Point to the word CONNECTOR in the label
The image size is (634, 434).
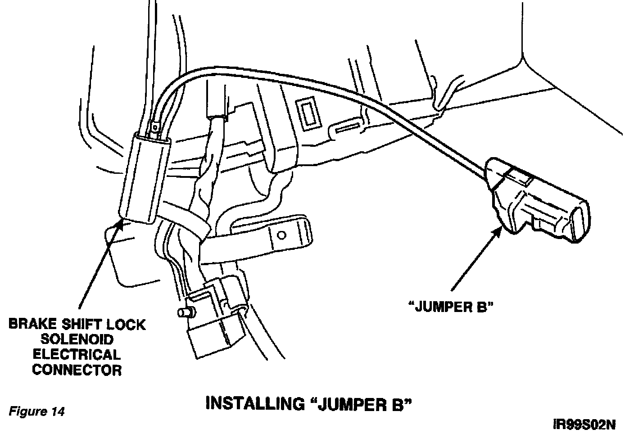coord(77,370)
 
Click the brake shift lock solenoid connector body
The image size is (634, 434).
coord(144,180)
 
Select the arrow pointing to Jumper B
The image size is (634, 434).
coord(477,257)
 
